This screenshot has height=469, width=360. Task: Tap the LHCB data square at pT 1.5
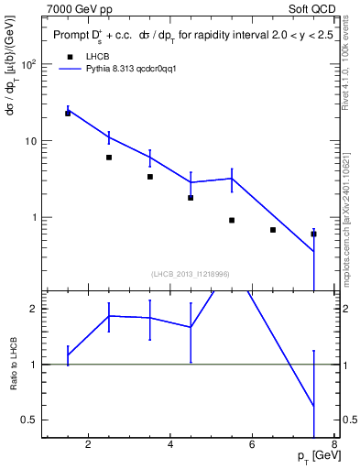tap(68, 114)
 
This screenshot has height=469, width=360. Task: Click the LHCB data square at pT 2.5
tap(109, 158)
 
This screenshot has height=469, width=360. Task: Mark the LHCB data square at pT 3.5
tap(150, 177)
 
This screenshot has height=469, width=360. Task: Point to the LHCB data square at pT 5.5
tap(232, 220)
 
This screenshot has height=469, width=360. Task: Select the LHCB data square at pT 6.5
tap(273, 230)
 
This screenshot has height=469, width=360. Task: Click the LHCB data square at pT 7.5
tap(314, 234)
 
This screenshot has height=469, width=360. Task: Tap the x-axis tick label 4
tap(171, 446)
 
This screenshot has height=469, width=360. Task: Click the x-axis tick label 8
tap(335, 446)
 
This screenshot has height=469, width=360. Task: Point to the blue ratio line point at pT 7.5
tap(314, 406)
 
